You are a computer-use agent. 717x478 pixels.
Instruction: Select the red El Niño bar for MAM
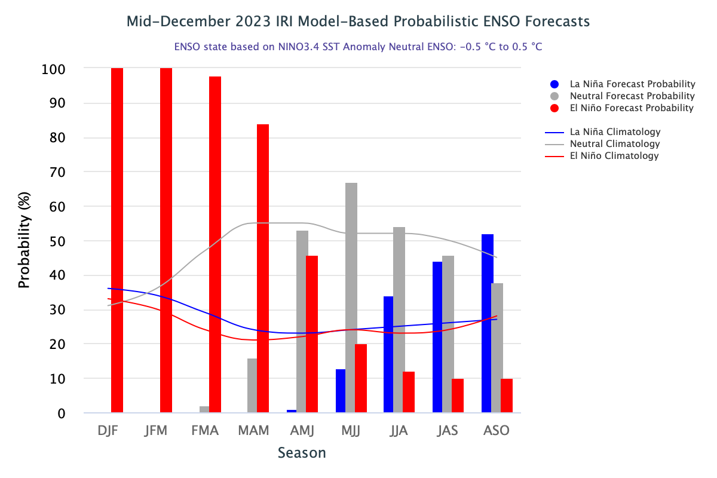(x=263, y=268)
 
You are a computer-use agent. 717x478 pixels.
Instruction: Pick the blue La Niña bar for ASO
(x=488, y=323)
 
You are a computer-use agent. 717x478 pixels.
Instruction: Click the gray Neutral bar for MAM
(x=252, y=385)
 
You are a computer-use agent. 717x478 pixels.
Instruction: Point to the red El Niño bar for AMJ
(x=312, y=334)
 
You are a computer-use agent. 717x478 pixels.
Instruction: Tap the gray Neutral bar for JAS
(x=448, y=334)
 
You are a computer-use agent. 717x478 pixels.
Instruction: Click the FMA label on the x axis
(x=206, y=431)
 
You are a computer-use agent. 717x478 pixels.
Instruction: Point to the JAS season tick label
(x=448, y=431)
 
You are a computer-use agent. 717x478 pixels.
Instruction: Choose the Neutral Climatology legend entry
(x=615, y=144)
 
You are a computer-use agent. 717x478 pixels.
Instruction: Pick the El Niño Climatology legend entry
(x=614, y=156)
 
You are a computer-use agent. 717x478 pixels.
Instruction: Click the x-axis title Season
(x=302, y=453)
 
